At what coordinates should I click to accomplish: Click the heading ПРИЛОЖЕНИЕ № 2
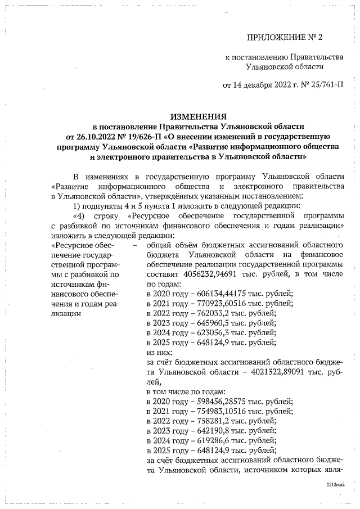click(286, 38)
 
